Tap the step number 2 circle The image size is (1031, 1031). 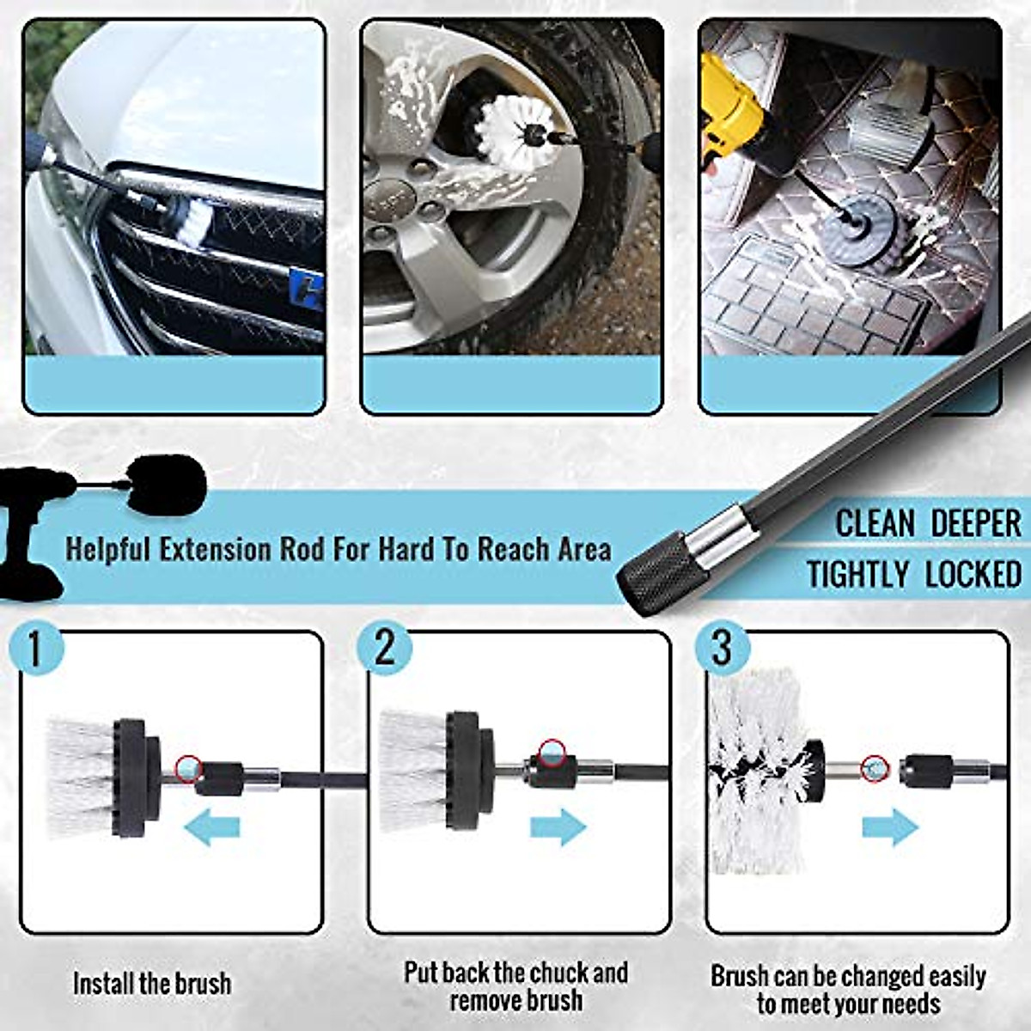point(384,646)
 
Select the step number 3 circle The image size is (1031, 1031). point(722,647)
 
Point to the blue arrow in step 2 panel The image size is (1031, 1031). point(558,827)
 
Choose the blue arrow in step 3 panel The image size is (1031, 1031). point(890,827)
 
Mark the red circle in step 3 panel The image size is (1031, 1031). point(874,767)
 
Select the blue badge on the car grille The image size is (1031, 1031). point(308,289)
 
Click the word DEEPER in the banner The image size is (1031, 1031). point(976,523)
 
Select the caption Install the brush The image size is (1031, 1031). point(151,983)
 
